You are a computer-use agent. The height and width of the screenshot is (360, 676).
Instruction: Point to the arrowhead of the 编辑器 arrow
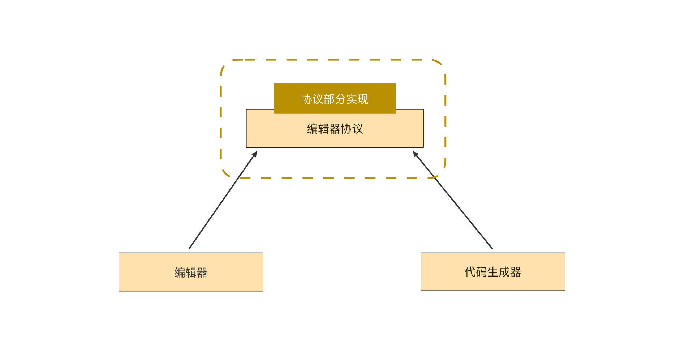254,154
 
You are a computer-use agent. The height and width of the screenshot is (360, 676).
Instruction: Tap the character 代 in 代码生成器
470,272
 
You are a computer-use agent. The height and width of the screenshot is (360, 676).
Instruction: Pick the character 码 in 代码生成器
482,272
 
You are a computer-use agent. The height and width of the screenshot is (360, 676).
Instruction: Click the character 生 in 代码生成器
493,272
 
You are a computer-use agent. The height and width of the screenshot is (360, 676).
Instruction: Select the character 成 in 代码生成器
504,272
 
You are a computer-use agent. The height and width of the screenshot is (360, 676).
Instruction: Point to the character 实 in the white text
352,99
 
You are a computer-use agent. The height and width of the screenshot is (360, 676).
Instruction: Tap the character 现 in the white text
363,99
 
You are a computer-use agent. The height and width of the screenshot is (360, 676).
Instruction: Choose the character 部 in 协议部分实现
329,99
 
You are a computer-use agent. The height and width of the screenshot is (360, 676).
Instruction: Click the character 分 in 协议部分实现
340,99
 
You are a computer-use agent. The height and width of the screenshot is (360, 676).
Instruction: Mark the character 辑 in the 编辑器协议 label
324,129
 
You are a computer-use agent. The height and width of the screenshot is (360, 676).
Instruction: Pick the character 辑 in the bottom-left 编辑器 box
191,273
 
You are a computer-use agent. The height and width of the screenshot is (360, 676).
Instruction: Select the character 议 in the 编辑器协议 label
357,129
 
